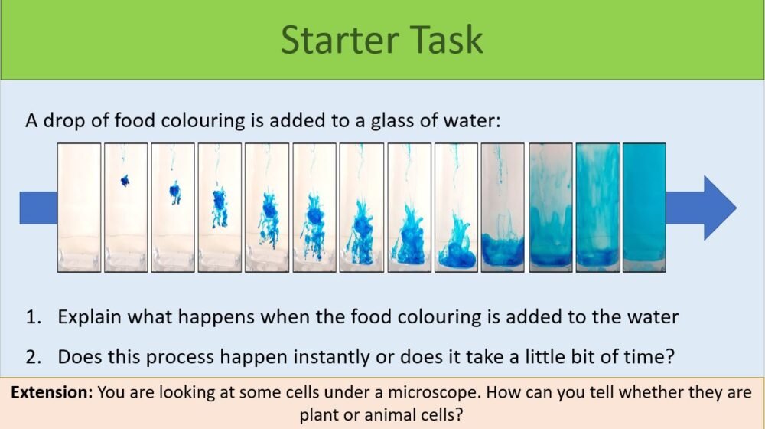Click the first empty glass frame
coord(80,208)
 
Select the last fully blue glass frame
coord(644,208)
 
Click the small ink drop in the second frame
coord(125,181)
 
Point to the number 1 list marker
coord(32,316)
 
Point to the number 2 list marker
coord(32,356)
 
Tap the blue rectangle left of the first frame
coord(38,208)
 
